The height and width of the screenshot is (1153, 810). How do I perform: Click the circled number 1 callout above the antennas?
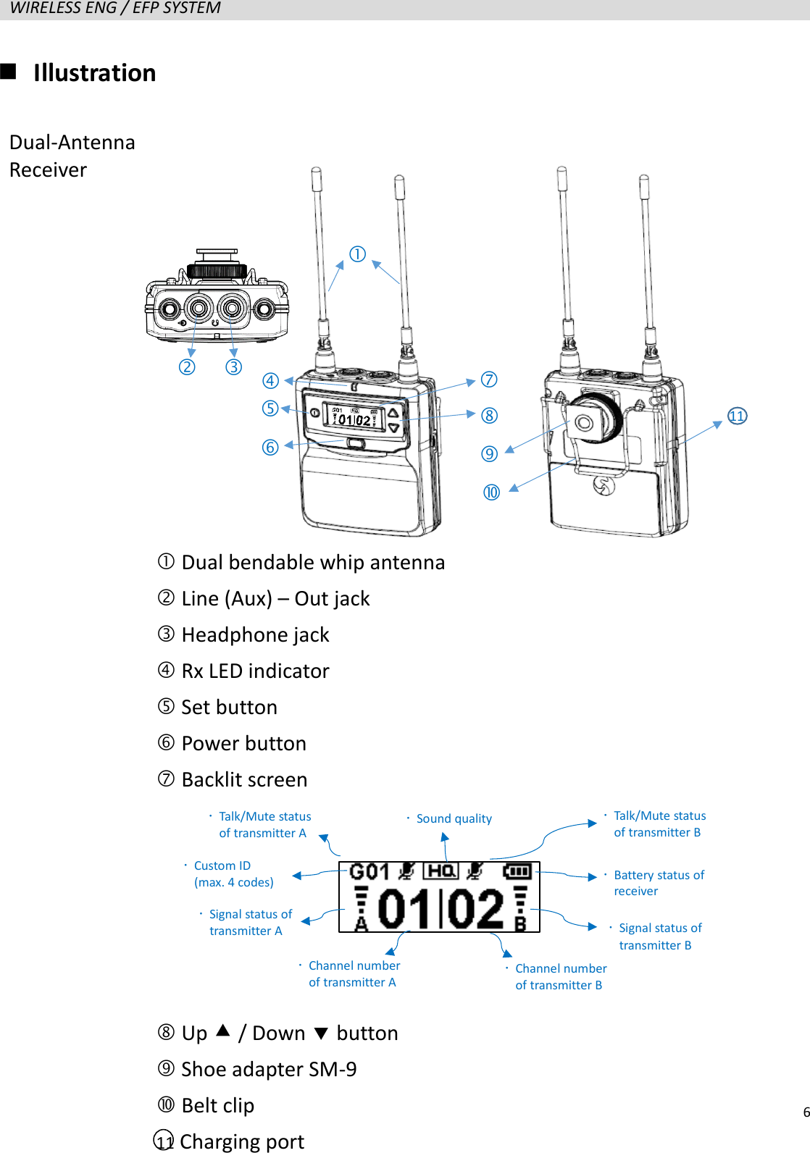pyautogui.click(x=357, y=254)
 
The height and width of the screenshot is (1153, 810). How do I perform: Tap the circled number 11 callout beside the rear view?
pyautogui.click(x=737, y=416)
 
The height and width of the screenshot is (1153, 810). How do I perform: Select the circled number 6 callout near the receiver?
pyautogui.click(x=270, y=448)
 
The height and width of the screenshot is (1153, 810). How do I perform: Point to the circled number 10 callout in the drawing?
pyautogui.click(x=491, y=492)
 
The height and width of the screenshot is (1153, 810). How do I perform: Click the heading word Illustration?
pyautogui.click(x=94, y=73)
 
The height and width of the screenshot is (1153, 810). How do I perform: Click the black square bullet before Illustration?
pyautogui.click(x=9, y=71)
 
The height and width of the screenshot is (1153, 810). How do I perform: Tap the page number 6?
pyautogui.click(x=806, y=1112)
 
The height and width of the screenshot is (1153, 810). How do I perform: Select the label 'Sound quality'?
pyautogui.click(x=454, y=818)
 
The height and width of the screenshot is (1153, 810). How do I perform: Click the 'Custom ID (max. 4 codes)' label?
pyautogui.click(x=233, y=873)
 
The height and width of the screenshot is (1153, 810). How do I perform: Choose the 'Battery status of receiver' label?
pyautogui.click(x=659, y=883)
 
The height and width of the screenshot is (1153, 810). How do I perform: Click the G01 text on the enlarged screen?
pyautogui.click(x=369, y=871)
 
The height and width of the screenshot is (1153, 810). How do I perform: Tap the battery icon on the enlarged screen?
pyautogui.click(x=517, y=871)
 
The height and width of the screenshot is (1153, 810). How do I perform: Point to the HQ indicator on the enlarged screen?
pyautogui.click(x=441, y=871)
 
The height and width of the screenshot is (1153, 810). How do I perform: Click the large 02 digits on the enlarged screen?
pyautogui.click(x=475, y=909)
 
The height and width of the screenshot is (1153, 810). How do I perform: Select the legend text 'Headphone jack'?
pyautogui.click(x=255, y=635)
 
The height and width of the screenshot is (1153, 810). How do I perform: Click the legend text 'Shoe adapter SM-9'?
pyautogui.click(x=269, y=1070)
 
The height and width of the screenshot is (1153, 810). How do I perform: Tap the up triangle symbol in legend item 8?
pyautogui.click(x=223, y=1031)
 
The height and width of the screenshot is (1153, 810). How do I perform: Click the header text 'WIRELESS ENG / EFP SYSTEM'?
pyautogui.click(x=115, y=8)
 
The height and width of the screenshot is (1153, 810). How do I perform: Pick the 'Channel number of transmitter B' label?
pyautogui.click(x=560, y=976)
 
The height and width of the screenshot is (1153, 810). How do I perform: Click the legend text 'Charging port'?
pyautogui.click(x=242, y=1142)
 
